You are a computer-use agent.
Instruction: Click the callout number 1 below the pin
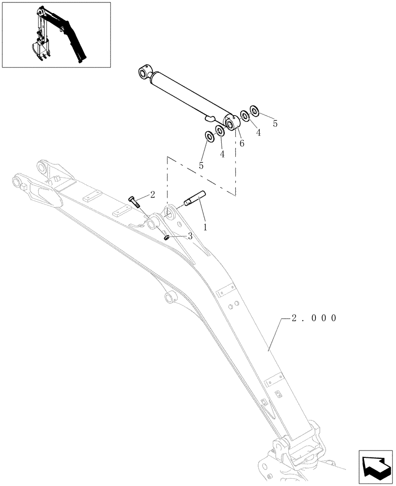click(205, 226)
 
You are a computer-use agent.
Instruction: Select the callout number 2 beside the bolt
click(152, 194)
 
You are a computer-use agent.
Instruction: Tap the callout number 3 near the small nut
click(190, 236)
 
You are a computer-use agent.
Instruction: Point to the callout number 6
click(241, 143)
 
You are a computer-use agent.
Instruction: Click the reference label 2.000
click(314, 318)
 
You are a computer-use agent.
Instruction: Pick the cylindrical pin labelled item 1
click(196, 199)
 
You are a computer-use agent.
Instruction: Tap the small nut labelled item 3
click(166, 238)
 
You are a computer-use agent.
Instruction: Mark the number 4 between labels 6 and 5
click(258, 133)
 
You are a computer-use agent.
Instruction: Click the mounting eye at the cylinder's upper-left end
click(144, 73)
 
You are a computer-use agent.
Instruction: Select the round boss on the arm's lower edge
click(169, 297)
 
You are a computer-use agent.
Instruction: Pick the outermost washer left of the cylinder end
click(210, 137)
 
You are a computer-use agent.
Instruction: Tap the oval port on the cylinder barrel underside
click(209, 117)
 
